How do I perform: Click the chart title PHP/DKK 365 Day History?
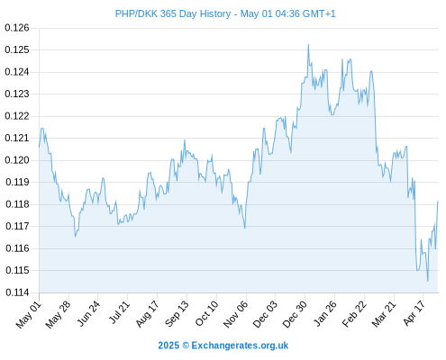point(173,13)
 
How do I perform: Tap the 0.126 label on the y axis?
point(17,28)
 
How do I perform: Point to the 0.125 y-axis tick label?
point(17,49)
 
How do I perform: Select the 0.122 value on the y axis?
point(17,116)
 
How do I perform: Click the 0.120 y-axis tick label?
point(17,160)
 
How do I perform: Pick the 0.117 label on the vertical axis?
point(17,226)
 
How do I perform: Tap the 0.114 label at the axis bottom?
point(17,292)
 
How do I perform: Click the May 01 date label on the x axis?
point(28,315)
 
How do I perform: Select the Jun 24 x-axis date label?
point(89,313)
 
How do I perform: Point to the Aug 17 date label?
point(148,314)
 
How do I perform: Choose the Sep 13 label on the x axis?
point(177,314)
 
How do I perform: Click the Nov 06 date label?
point(236,314)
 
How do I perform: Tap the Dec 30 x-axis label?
point(296,314)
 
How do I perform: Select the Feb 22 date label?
point(355,314)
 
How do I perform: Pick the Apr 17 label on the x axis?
point(414,313)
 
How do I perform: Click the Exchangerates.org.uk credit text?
point(240,346)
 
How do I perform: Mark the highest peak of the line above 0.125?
point(308,45)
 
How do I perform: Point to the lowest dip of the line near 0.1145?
point(428,281)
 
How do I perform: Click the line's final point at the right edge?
point(438,202)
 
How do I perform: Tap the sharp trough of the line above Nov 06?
point(245,228)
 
